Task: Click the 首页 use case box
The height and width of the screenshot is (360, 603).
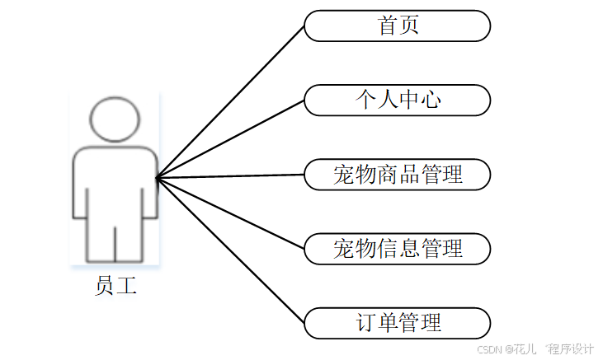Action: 397,26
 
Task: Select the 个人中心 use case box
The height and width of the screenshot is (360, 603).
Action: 397,100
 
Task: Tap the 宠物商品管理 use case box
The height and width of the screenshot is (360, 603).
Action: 397,175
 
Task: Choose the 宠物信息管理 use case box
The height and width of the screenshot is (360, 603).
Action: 397,248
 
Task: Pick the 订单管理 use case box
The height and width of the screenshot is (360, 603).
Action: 397,322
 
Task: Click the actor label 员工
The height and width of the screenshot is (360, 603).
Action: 115,287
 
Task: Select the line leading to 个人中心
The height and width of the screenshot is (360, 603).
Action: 230,138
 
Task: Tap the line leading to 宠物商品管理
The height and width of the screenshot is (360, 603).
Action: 230,176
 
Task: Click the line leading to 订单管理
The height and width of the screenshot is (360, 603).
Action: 230,250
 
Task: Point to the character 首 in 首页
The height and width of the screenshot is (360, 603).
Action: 387,26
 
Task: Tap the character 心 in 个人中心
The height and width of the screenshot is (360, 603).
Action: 431,100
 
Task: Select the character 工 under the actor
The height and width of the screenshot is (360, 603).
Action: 126,287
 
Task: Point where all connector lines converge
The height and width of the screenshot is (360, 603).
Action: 157,177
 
